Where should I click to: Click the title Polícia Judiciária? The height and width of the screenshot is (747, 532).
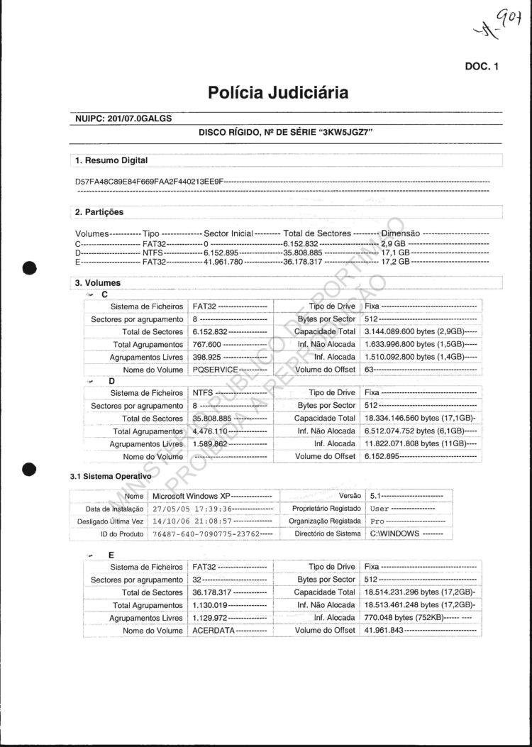(x=278, y=93)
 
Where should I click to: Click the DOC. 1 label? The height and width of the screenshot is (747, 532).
(x=482, y=67)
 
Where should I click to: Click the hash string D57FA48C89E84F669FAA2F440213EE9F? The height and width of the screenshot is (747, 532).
(x=150, y=182)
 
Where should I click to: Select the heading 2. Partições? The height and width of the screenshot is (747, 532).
(x=99, y=212)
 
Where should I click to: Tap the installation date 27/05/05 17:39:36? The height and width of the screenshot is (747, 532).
(x=192, y=509)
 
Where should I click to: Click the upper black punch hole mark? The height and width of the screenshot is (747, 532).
(x=29, y=268)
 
